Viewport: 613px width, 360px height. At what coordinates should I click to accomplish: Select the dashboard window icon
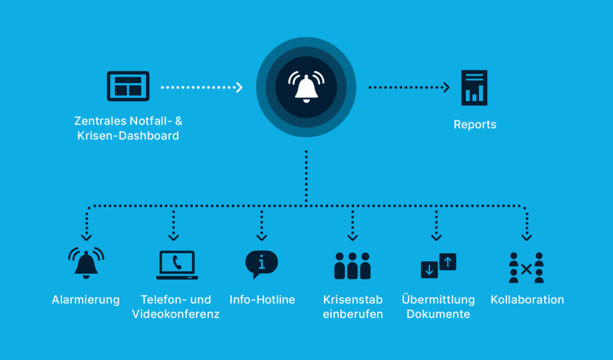[128, 86]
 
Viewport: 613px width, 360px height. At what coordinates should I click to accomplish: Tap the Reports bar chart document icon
[474, 87]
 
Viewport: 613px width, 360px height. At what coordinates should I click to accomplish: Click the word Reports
[475, 125]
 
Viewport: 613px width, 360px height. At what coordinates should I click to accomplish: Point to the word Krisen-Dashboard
[128, 136]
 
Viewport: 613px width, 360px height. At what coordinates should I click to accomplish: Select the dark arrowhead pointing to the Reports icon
[445, 87]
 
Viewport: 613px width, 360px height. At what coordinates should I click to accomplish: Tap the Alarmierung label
[86, 300]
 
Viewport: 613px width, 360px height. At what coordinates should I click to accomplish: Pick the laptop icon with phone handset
[177, 265]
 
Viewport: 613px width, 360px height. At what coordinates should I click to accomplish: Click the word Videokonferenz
[175, 314]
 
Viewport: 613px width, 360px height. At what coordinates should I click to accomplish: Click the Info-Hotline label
[262, 300]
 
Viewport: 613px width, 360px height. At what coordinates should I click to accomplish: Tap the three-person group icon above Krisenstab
[352, 265]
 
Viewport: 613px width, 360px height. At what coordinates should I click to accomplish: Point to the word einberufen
[353, 314]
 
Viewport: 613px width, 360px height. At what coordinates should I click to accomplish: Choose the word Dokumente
[438, 314]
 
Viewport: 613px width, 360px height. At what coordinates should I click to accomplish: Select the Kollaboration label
[527, 300]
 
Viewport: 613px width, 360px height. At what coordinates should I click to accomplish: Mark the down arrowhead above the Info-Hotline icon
[262, 237]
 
